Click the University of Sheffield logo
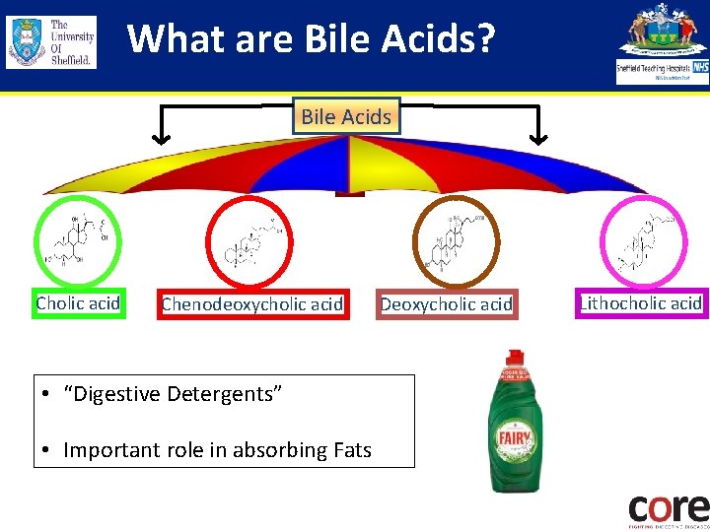pyautogui.click(x=51, y=41)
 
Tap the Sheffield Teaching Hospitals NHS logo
pyautogui.click(x=662, y=43)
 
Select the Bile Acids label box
pyautogui.click(x=346, y=116)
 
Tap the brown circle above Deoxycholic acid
pyautogui.click(x=456, y=242)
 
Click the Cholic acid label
pyautogui.click(x=78, y=303)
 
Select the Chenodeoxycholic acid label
pyautogui.click(x=252, y=304)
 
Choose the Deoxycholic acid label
pyautogui.click(x=447, y=304)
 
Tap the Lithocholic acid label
pyautogui.click(x=642, y=303)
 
